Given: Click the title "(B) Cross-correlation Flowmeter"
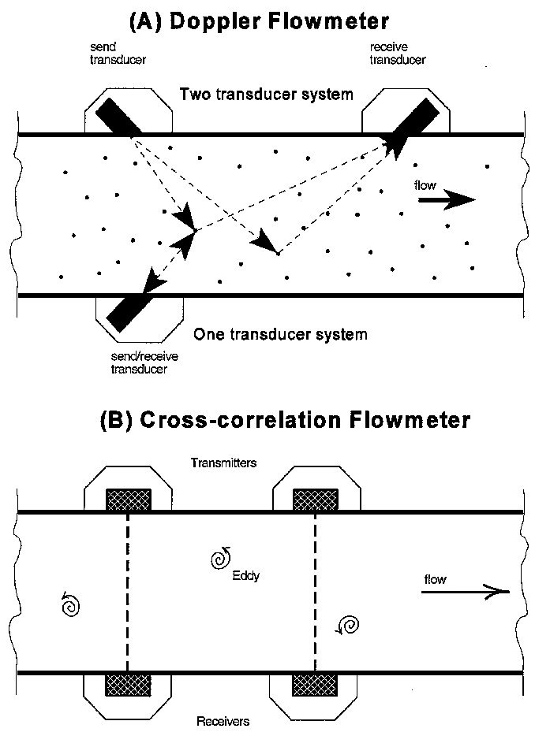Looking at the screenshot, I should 285,419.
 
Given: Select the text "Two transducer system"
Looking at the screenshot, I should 266,95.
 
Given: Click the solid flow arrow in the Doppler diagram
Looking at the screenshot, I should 446,201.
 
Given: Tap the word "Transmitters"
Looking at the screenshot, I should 224,463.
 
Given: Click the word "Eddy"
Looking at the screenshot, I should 246,576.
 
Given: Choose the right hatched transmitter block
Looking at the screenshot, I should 316,500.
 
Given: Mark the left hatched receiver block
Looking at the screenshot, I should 128,682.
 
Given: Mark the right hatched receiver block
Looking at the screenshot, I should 315,682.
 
